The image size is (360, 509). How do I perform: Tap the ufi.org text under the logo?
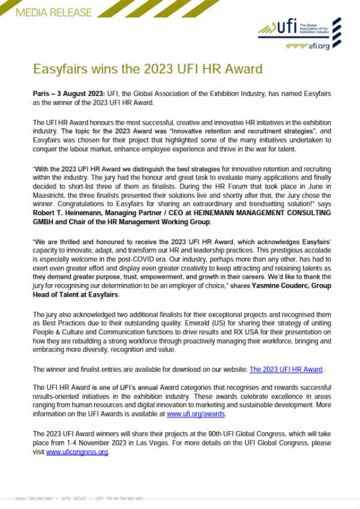(x=319, y=47)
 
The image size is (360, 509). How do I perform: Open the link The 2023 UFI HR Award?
(x=286, y=369)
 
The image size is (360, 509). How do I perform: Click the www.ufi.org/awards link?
(x=196, y=414)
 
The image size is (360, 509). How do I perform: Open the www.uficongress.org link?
(x=77, y=452)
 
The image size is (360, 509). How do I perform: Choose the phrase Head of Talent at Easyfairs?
(x=76, y=295)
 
